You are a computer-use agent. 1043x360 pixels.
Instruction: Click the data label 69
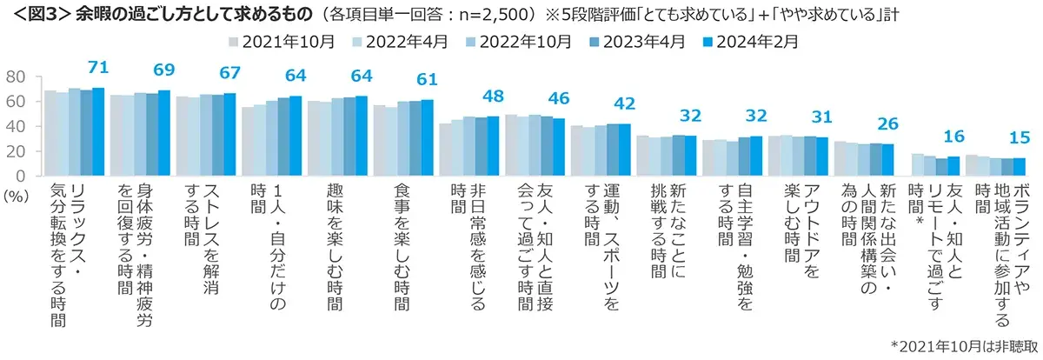click(x=164, y=70)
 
